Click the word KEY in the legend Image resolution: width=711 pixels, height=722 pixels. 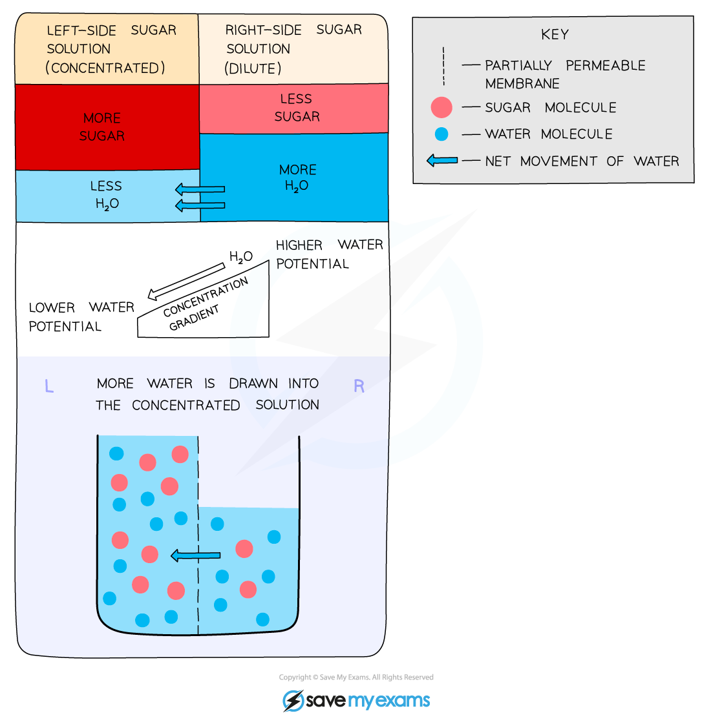coord(555,35)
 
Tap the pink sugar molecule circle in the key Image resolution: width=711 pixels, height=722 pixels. coord(441,107)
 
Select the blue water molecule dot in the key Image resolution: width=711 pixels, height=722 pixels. coord(441,134)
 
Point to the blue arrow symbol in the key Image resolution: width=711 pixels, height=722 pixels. coord(443,160)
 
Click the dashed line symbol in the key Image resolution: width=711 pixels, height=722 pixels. coord(443,66)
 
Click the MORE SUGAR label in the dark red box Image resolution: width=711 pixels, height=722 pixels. coord(103,127)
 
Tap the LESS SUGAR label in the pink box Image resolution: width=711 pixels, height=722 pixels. coord(297,108)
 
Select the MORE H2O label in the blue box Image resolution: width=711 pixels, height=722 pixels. coord(297,178)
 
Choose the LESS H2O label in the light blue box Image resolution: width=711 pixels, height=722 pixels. coord(106,194)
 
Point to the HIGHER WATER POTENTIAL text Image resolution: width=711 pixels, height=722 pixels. coord(329,254)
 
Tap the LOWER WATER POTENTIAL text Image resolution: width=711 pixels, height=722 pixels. coord(81,316)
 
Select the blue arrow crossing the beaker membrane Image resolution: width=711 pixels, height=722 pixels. coord(195,555)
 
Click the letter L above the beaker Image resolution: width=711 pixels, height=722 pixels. coord(48,386)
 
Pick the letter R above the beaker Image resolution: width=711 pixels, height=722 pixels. coord(359,386)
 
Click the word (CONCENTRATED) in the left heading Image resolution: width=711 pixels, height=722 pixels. coord(105,68)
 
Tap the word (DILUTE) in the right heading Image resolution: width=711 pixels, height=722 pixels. coord(253,68)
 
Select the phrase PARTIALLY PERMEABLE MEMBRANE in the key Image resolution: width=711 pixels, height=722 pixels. coord(564,74)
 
